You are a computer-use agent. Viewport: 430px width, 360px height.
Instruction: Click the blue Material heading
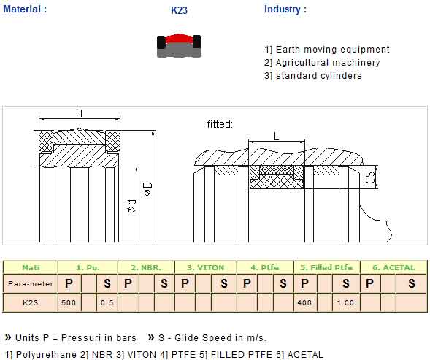(x=25, y=9)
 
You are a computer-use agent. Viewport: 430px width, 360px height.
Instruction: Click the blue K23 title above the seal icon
(x=179, y=10)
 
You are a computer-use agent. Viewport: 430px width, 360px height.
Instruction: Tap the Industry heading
(x=285, y=9)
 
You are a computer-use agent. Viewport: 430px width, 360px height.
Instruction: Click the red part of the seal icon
(x=179, y=39)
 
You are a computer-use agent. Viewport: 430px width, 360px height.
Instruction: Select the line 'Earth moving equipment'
(x=327, y=50)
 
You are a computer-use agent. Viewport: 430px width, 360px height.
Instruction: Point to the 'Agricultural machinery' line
(x=322, y=63)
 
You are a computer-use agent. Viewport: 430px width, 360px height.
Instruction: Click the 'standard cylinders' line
(x=313, y=76)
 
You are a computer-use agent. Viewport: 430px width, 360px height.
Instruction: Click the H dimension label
(x=79, y=112)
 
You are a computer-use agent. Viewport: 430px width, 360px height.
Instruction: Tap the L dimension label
(x=277, y=136)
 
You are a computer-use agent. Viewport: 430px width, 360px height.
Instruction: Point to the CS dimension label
(x=370, y=177)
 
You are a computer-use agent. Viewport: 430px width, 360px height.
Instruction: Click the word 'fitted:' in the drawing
(x=220, y=124)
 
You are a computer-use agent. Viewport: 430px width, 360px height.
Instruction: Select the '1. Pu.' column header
(x=88, y=267)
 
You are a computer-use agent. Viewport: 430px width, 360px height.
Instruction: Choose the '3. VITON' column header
(x=206, y=267)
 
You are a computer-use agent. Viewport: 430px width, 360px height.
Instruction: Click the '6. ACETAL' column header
(x=393, y=267)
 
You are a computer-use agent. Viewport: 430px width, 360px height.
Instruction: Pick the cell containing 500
(x=69, y=302)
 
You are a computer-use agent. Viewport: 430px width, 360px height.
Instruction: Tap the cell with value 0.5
(x=107, y=302)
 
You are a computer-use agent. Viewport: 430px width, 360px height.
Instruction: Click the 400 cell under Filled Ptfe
(x=304, y=302)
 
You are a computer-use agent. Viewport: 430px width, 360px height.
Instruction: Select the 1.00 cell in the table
(x=345, y=302)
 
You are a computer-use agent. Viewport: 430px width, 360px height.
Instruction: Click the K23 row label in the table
(x=31, y=302)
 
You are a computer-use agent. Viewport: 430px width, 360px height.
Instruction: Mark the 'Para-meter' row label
(x=31, y=284)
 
